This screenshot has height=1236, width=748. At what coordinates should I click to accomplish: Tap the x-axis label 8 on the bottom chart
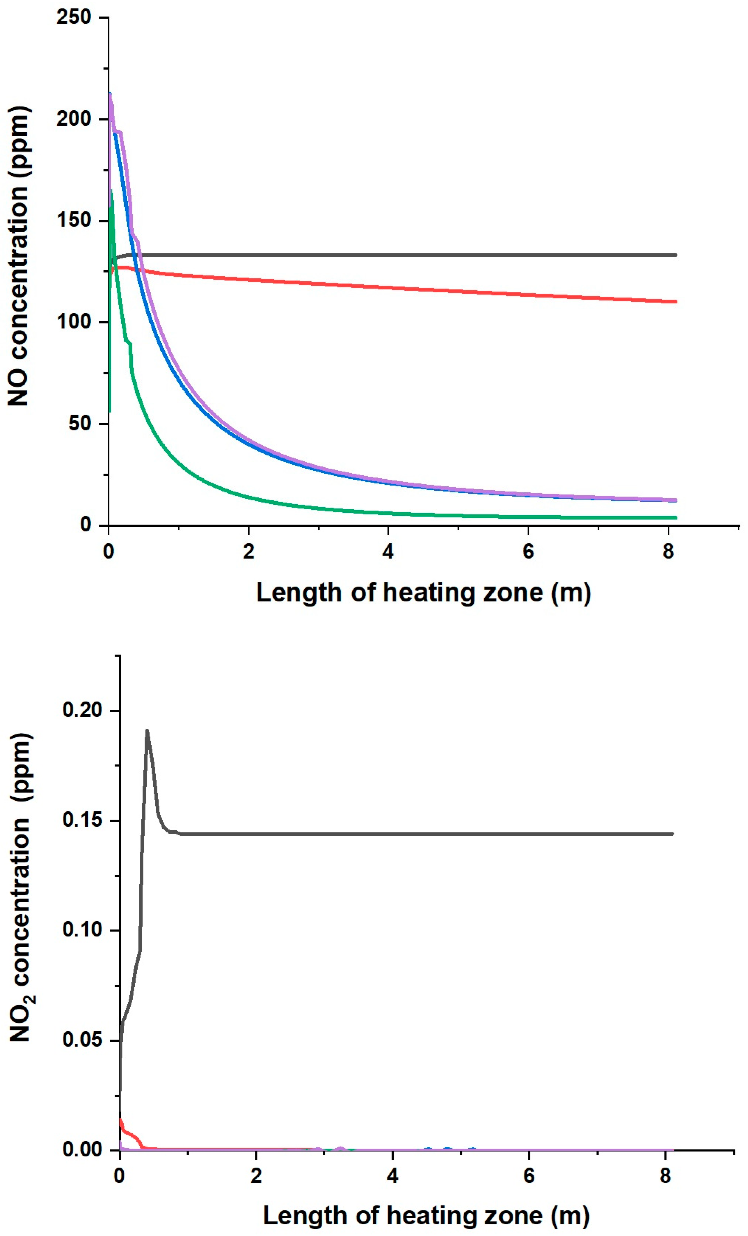coord(665,1175)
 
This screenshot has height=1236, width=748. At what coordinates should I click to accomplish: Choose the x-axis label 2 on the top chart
coord(248,552)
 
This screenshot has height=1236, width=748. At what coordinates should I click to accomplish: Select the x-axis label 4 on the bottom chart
coord(392,1175)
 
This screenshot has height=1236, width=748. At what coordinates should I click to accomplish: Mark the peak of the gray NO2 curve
coord(147,731)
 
